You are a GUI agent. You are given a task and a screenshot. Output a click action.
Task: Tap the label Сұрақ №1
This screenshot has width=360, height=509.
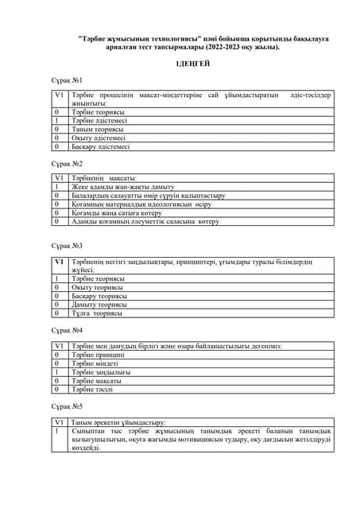pyautogui.click(x=67, y=80)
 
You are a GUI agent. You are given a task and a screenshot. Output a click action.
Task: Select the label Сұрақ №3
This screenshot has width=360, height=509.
pyautogui.click(x=67, y=247)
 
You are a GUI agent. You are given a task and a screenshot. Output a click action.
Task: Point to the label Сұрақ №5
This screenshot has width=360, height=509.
pyautogui.click(x=67, y=406)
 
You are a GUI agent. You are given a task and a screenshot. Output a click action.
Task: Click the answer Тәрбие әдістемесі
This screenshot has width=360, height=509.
pyautogui.click(x=100, y=121)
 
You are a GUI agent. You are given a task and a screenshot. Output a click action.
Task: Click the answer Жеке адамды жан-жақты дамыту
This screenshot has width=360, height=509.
pyautogui.click(x=118, y=187)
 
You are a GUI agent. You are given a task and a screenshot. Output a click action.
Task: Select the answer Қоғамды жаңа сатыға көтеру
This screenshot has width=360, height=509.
pyautogui.click(x=118, y=213)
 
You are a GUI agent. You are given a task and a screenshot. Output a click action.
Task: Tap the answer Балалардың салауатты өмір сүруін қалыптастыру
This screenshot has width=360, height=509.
pyautogui.click(x=149, y=196)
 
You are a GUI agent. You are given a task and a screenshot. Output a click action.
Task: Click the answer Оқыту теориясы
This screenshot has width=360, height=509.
pyautogui.click(x=99, y=287)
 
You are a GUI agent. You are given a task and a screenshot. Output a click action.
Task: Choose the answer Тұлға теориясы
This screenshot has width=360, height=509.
pyautogui.click(x=97, y=313)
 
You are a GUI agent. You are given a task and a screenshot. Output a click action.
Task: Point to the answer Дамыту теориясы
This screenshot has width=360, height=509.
pyautogui.click(x=99, y=305)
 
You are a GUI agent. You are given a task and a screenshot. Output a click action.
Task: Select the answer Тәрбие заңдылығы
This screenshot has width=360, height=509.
pyautogui.click(x=101, y=371)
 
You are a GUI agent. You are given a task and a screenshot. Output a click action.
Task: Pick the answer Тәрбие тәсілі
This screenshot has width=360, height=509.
pyautogui.click(x=92, y=389)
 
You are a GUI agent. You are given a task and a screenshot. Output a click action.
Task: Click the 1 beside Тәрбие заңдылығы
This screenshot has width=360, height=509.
pyautogui.click(x=57, y=371)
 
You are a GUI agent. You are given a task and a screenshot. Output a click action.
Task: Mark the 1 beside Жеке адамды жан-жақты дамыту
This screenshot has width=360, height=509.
pyautogui.click(x=57, y=187)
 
